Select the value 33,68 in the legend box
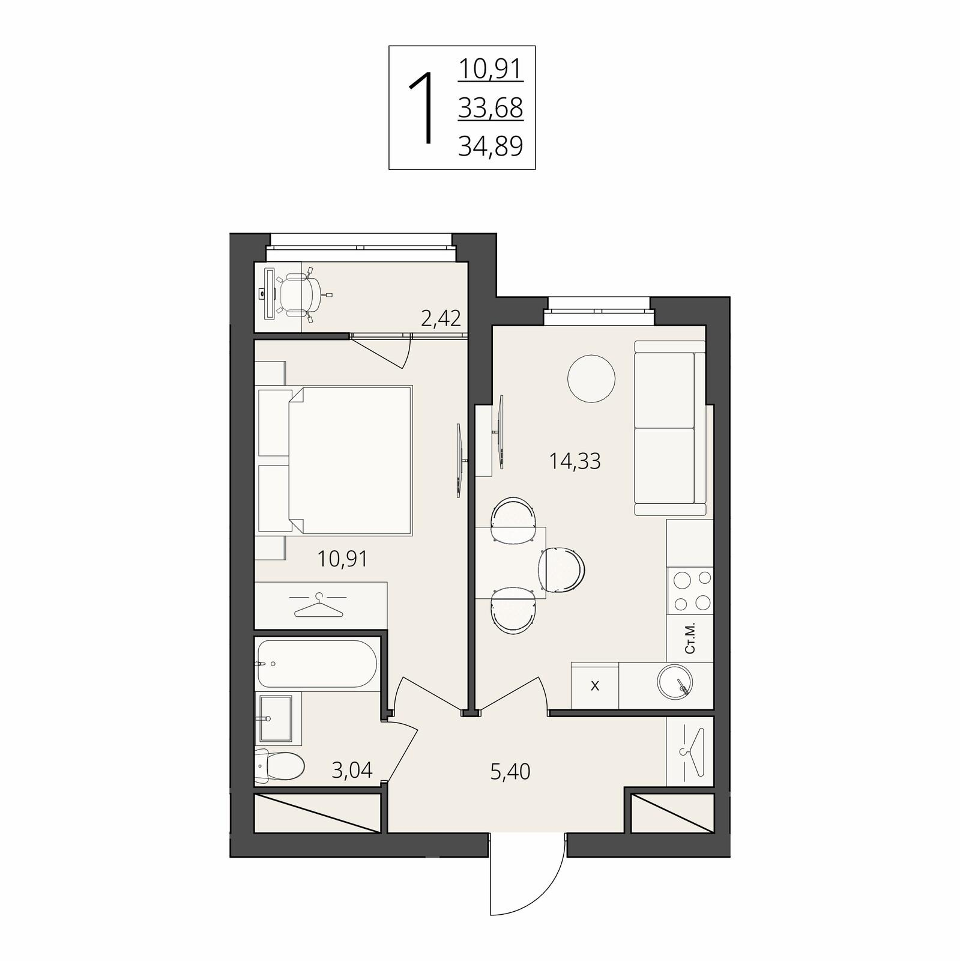tap(491, 108)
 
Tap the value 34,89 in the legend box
tap(491, 145)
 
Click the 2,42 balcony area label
tap(441, 318)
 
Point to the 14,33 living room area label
tap(575, 461)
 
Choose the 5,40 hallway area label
tap(510, 771)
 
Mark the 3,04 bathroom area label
tap(352, 769)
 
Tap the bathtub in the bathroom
tap(317, 663)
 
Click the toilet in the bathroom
tap(280, 766)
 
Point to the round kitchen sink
tap(675, 683)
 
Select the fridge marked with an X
tap(594, 685)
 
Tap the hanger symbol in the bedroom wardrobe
tap(318, 604)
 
